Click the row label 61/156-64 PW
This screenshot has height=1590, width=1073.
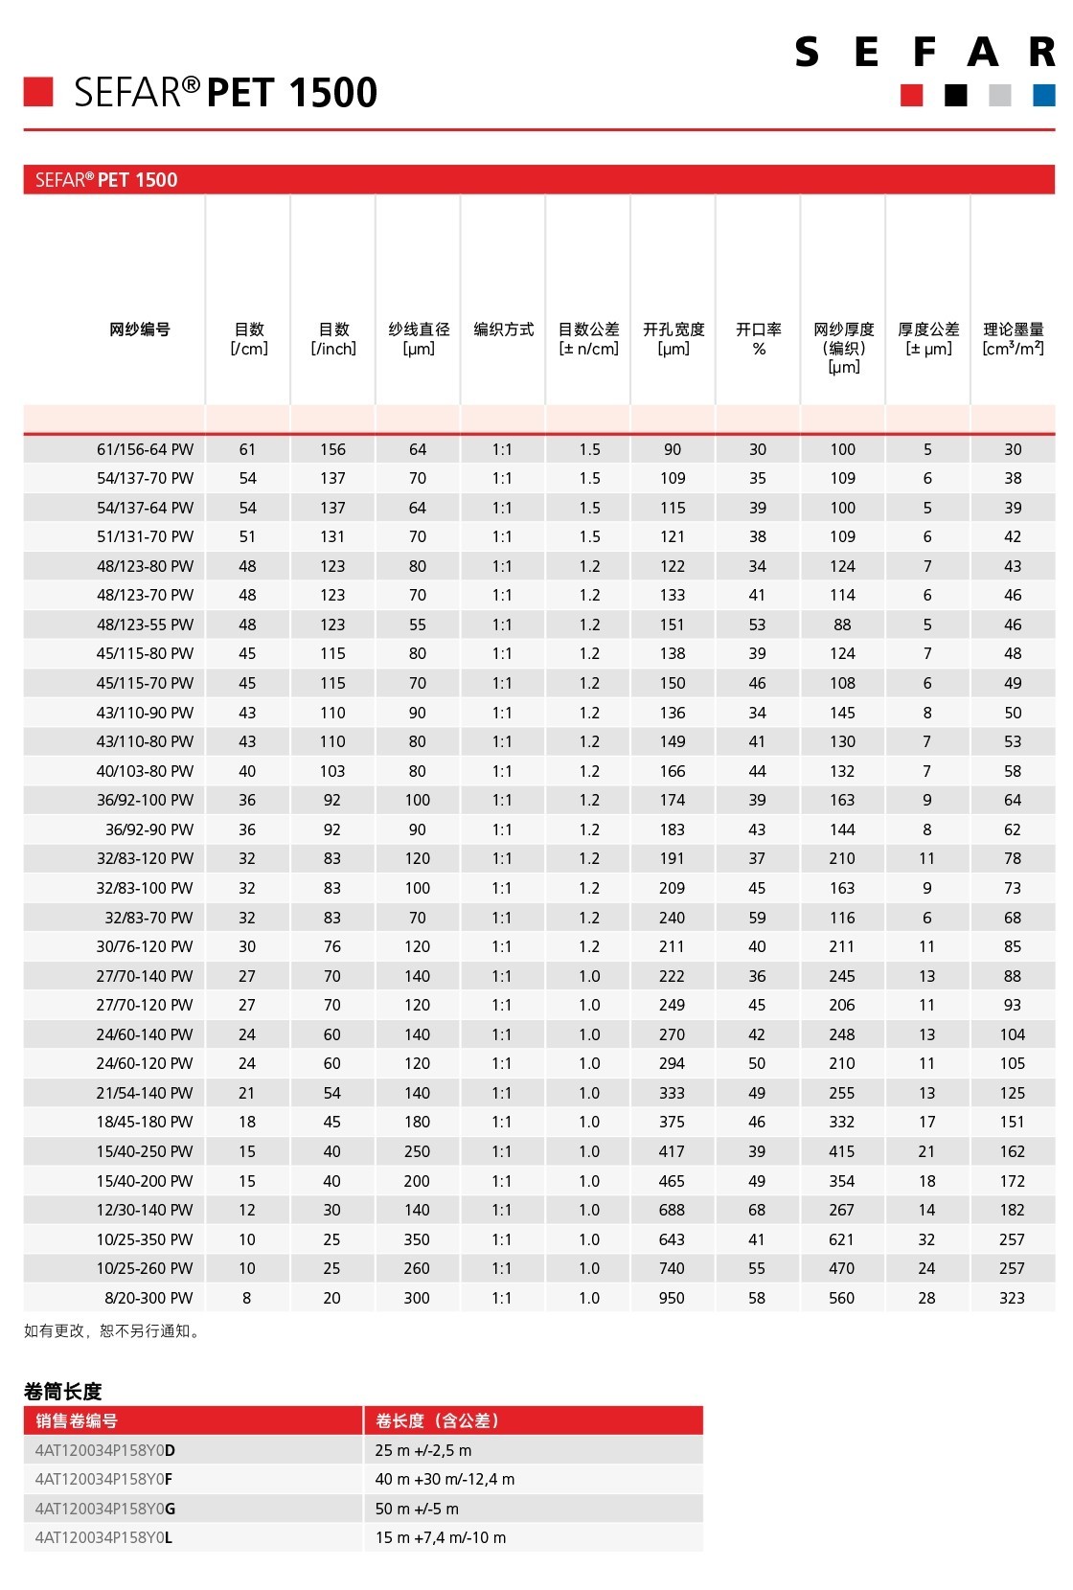click(145, 449)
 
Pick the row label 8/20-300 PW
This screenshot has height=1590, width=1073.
click(148, 1298)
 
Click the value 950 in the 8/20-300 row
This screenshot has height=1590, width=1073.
click(672, 1298)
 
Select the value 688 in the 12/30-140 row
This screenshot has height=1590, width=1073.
click(672, 1210)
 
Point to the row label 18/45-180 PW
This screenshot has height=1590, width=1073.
click(145, 1122)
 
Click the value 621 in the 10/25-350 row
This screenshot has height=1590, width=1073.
click(842, 1239)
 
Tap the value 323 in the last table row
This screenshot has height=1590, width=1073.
click(1012, 1298)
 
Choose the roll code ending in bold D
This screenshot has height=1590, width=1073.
click(105, 1450)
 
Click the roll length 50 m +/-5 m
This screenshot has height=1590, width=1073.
click(417, 1509)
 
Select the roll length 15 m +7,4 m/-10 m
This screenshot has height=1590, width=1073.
click(441, 1537)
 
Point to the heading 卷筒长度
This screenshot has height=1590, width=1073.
click(62, 1391)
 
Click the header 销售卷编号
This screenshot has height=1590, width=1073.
click(77, 1420)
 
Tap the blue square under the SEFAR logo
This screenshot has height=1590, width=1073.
click(1043, 95)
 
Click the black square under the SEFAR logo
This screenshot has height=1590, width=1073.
click(955, 95)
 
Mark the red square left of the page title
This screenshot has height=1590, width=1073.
click(38, 92)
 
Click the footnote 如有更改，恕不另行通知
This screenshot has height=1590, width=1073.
click(113, 1330)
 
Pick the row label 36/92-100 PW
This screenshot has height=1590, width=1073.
click(145, 800)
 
